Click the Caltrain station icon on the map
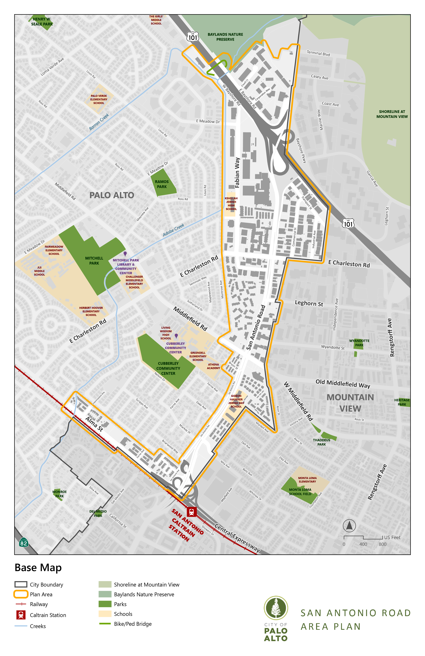[x=192, y=512]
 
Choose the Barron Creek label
[x=99, y=122]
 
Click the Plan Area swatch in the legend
[x=21, y=594]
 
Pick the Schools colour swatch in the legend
[x=105, y=614]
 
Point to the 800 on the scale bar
[x=382, y=544]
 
